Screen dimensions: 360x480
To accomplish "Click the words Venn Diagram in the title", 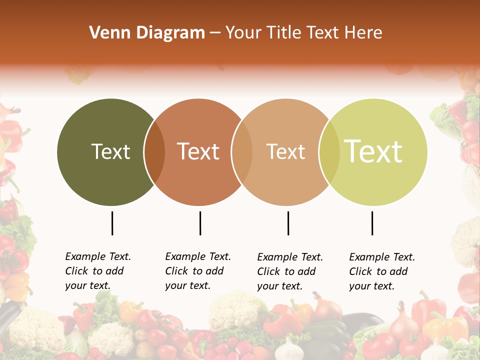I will [147, 33].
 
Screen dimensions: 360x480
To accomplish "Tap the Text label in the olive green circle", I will [110, 151].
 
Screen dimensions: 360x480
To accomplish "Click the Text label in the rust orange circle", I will [198, 151].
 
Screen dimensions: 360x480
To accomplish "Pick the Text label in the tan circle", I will [285, 151].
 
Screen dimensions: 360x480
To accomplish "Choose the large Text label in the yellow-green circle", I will [373, 151].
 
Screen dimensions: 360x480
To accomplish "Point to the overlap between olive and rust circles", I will [154, 152].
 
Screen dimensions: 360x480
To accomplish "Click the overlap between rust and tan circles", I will [242, 152].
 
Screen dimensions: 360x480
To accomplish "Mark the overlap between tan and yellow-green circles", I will [329, 152].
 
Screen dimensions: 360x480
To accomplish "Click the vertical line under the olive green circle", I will [112, 223].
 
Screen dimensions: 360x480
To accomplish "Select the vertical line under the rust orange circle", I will [200, 223].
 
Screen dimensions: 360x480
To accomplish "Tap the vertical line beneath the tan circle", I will [288, 223].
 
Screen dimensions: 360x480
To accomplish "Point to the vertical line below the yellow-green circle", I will [372, 223].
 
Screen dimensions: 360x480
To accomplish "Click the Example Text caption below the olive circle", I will [98, 271].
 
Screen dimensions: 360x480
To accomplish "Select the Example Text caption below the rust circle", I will [198, 271].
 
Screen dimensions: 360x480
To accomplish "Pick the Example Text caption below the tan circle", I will [290, 271].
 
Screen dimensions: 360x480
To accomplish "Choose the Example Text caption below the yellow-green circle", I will [382, 271].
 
